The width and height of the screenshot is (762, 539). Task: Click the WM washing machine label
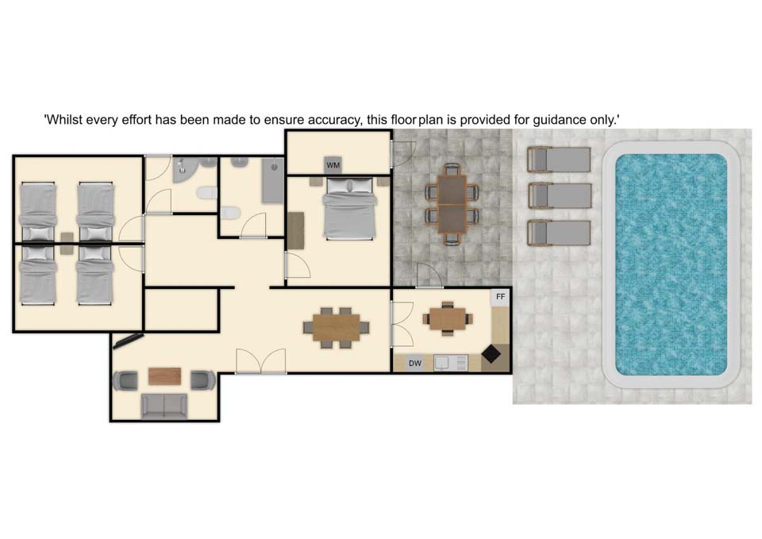tap(333, 165)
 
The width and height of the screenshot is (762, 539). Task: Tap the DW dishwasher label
tap(415, 363)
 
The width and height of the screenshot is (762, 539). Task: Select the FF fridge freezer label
tap(501, 296)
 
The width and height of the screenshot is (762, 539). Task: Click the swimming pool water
tap(672, 264)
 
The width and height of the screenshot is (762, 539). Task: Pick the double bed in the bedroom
tap(349, 209)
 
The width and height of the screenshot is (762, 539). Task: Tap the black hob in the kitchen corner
tap(491, 353)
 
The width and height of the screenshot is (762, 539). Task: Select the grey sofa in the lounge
tap(164, 406)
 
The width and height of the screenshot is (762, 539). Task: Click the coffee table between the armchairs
tap(165, 376)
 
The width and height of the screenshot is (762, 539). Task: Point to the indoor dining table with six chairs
tap(337, 328)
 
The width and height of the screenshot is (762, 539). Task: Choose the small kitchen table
tap(448, 319)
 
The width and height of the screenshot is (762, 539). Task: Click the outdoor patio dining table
tap(452, 204)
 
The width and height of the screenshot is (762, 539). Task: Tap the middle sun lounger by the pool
tap(560, 196)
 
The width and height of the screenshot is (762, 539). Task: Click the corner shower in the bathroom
tap(183, 168)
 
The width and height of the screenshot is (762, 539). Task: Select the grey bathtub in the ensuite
tap(272, 180)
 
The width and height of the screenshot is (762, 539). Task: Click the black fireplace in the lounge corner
tap(127, 341)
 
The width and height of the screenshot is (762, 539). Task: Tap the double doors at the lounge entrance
tap(261, 362)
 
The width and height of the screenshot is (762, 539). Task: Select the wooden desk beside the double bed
tap(295, 230)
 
